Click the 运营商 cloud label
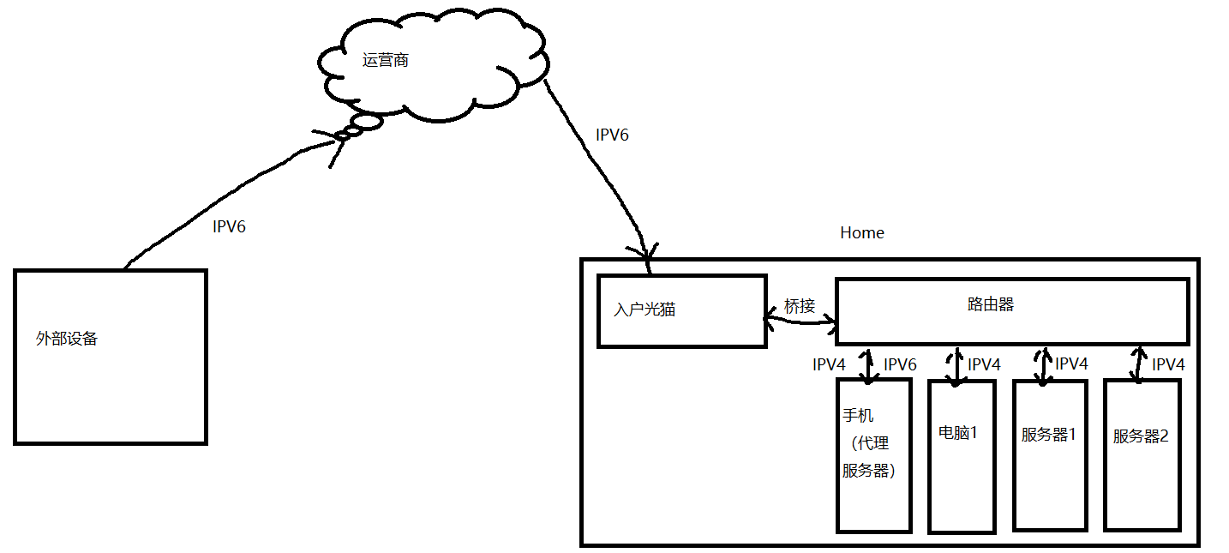click(385, 61)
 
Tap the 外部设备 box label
click(67, 339)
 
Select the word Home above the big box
click(861, 232)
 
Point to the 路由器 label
click(991, 304)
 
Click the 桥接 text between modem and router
click(800, 306)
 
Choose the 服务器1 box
click(1050, 454)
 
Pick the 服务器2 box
click(1142, 454)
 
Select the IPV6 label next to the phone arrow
click(900, 365)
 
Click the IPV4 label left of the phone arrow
click(829, 365)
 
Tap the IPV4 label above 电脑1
click(984, 365)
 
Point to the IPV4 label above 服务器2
click(1168, 365)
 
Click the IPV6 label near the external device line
click(229, 227)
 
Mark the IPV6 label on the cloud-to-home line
click(612, 135)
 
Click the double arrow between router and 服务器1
click(1043, 364)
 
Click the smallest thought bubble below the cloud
click(341, 136)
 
